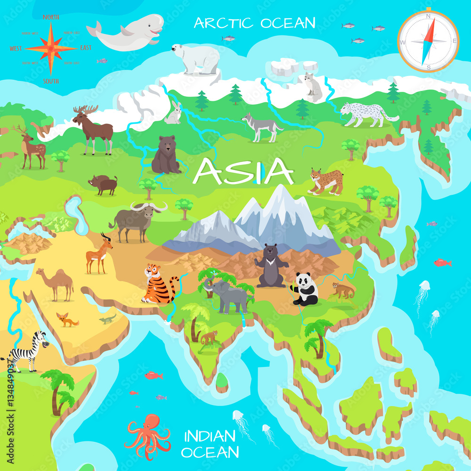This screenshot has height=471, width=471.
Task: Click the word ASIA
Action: pyautogui.click(x=244, y=171)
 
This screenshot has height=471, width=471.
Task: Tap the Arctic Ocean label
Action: pyautogui.click(x=254, y=23)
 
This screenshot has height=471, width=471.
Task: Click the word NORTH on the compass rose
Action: pyautogui.click(x=51, y=17)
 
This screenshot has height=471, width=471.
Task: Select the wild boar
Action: pyautogui.click(x=104, y=184)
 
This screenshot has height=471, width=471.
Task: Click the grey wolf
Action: pyautogui.click(x=261, y=126)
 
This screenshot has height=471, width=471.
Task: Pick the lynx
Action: pyautogui.click(x=326, y=181)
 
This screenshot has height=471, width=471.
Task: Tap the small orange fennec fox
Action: pyautogui.click(x=67, y=320)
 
